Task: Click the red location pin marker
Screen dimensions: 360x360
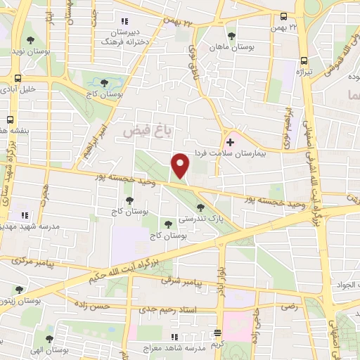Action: [181, 165]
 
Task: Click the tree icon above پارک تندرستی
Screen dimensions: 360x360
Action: [202, 207]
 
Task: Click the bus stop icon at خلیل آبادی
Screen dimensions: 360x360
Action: [18, 79]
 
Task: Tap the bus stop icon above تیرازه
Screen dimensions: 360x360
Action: [303, 60]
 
